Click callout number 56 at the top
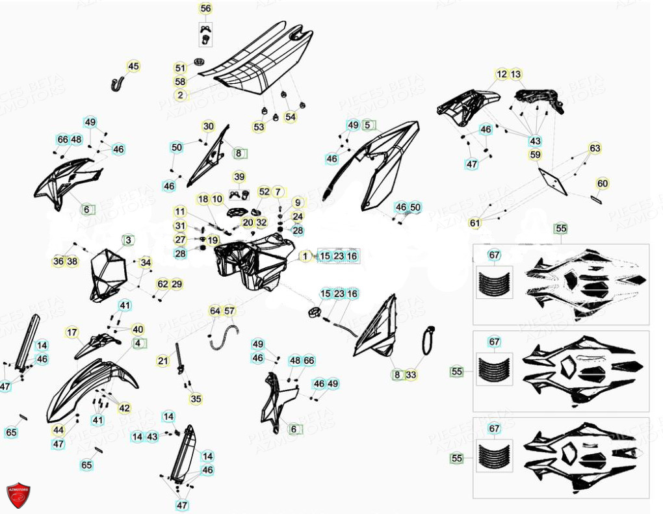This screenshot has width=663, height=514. coord(205,8)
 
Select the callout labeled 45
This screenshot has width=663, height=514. coord(133,66)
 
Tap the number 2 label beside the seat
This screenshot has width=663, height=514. coord(180,95)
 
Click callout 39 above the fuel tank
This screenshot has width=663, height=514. coord(239,177)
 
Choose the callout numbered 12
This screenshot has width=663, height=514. coord(502,74)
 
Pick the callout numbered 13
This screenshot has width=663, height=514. coord(516,74)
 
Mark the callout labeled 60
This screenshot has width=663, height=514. coord(603,184)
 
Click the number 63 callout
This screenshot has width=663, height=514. coord(595,148)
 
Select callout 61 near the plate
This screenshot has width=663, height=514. coord(475,224)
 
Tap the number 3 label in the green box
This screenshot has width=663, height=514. coord(128,240)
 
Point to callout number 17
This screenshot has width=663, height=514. coord(71,333)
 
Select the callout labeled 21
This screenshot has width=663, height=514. coord(162,361)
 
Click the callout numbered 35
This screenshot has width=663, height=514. coord(196,399)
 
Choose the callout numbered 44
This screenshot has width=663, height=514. coord(58,430)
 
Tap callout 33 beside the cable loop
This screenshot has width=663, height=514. coord(411,375)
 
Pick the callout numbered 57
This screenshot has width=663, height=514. coord(229,311)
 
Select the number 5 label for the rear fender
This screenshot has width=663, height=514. coord(368,125)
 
